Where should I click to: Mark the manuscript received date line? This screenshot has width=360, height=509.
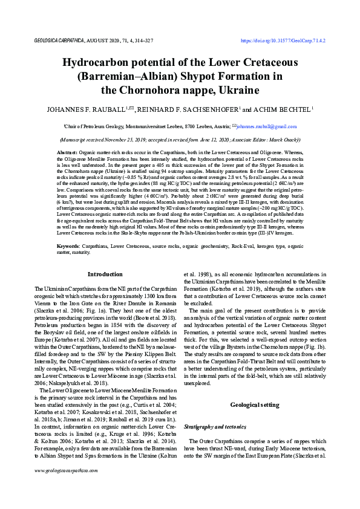click(x=180, y=138)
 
